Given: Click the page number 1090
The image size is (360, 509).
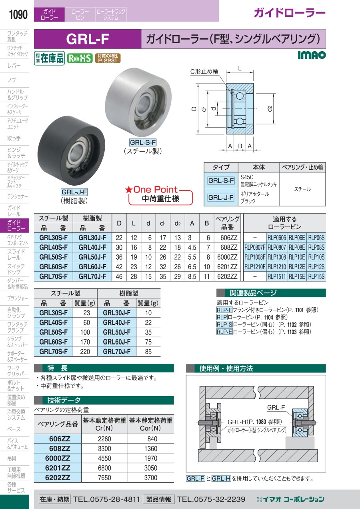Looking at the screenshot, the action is [18, 14].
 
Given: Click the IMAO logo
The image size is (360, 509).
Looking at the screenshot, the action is [312, 55].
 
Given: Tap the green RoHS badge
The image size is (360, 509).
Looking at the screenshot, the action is [80, 58].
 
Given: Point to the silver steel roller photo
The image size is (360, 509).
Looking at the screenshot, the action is [138, 102].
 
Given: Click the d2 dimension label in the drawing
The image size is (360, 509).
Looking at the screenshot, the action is [270, 108].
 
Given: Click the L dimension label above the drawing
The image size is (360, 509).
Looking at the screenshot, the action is [240, 68].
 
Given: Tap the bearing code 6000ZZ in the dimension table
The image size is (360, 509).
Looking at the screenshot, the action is [227, 257].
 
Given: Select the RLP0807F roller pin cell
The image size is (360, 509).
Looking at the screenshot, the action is [255, 247].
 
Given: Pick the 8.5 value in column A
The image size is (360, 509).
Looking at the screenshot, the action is [192, 277].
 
